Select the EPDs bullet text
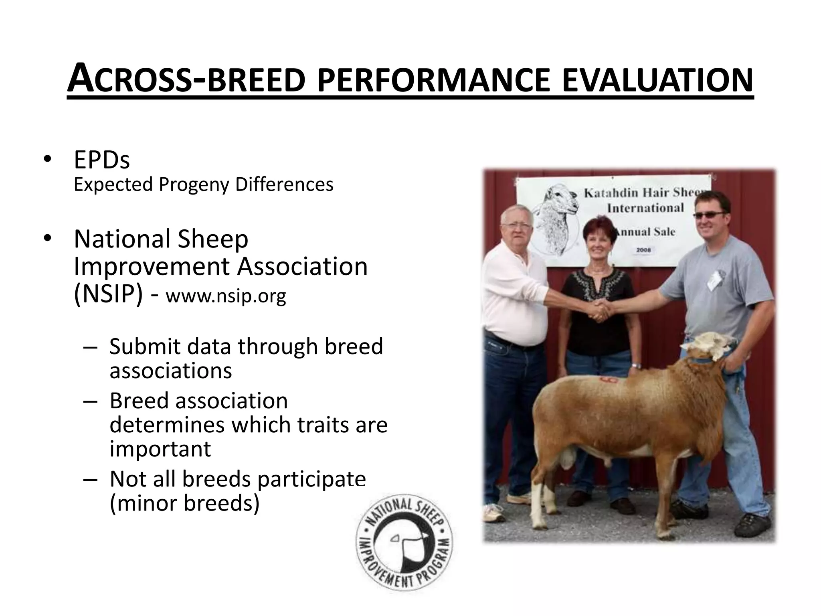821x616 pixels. pyautogui.click(x=102, y=160)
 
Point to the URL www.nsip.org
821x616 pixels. pyautogui.click(x=226, y=296)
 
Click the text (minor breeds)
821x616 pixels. pyautogui.click(x=184, y=503)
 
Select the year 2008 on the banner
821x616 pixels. pyautogui.click(x=643, y=250)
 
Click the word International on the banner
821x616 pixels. pyautogui.click(x=645, y=208)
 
